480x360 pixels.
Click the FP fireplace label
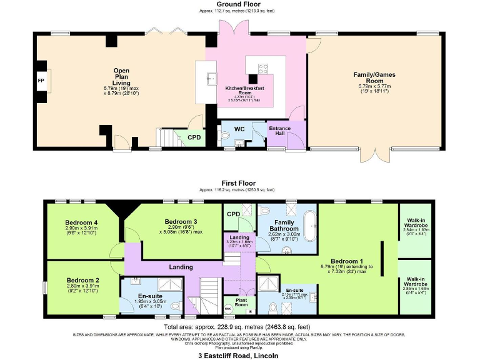(x=41, y=81)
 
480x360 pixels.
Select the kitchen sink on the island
(x=212, y=77)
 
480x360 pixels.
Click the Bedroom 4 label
(x=80, y=222)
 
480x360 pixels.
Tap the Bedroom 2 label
(x=81, y=280)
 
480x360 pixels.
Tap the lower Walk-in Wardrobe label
(x=415, y=282)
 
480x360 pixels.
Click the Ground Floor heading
(x=240, y=4)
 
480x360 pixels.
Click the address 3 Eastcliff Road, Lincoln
(x=240, y=355)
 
